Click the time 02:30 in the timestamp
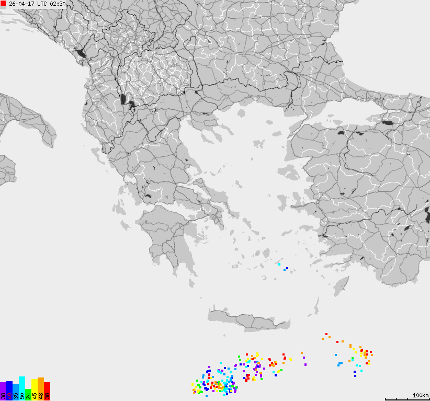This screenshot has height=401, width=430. pyautogui.click(x=58, y=4)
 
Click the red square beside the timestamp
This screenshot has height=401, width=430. pyautogui.click(x=3, y=4)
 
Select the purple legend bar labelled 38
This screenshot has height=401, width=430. pyautogui.click(x=3, y=391)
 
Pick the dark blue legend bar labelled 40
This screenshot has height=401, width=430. pyautogui.click(x=9, y=391)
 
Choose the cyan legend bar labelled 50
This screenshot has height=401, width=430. pyautogui.click(x=22, y=388)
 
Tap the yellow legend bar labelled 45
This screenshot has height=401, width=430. pyautogui.click(x=35, y=389)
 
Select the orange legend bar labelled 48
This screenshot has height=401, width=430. pyautogui.click(x=41, y=388)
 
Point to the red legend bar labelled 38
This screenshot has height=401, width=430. pyautogui.click(x=47, y=391)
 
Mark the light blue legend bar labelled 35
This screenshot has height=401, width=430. pyautogui.click(x=16, y=392)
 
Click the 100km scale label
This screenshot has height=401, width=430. pyautogui.click(x=420, y=395)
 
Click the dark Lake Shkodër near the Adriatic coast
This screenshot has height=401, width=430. pyautogui.click(x=80, y=53)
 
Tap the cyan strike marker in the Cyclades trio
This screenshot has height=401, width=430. pyautogui.click(x=279, y=265)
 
